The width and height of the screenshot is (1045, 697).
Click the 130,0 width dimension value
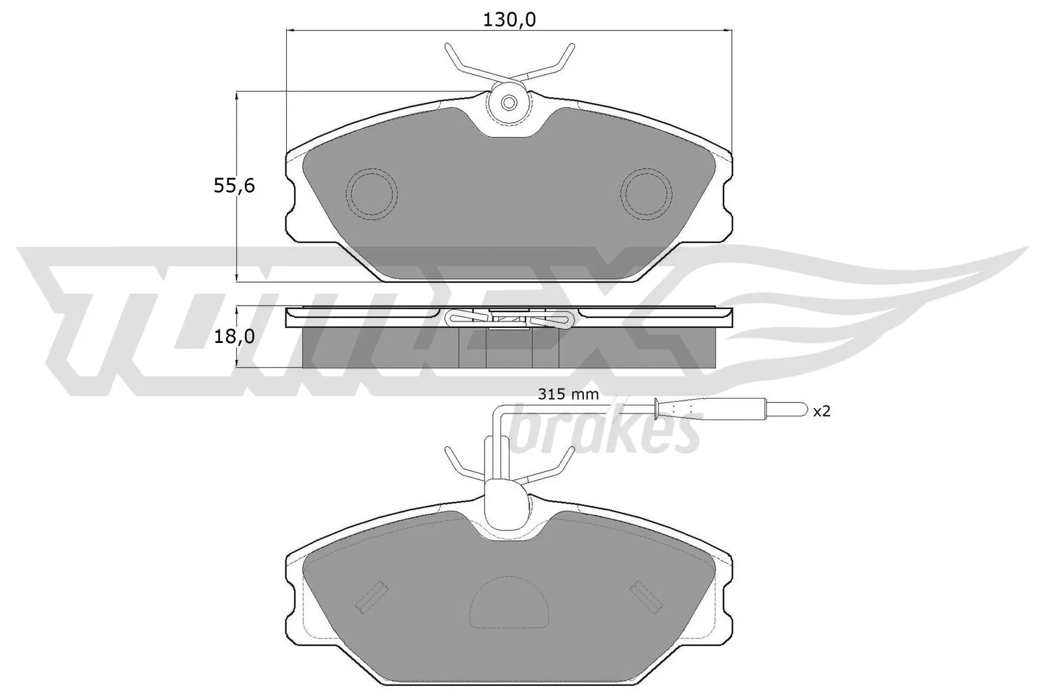click(509, 20)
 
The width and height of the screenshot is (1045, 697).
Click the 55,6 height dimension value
click(234, 186)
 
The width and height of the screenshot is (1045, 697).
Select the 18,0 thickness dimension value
click(234, 337)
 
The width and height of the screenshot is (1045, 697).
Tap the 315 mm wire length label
click(568, 394)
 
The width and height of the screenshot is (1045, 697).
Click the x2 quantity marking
click(821, 411)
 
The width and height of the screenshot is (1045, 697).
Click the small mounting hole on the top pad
click(509, 103)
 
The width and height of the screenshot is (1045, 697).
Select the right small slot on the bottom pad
click(646, 598)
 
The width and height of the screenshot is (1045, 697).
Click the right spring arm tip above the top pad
click(571, 47)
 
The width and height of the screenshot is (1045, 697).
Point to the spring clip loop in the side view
click(457, 318)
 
